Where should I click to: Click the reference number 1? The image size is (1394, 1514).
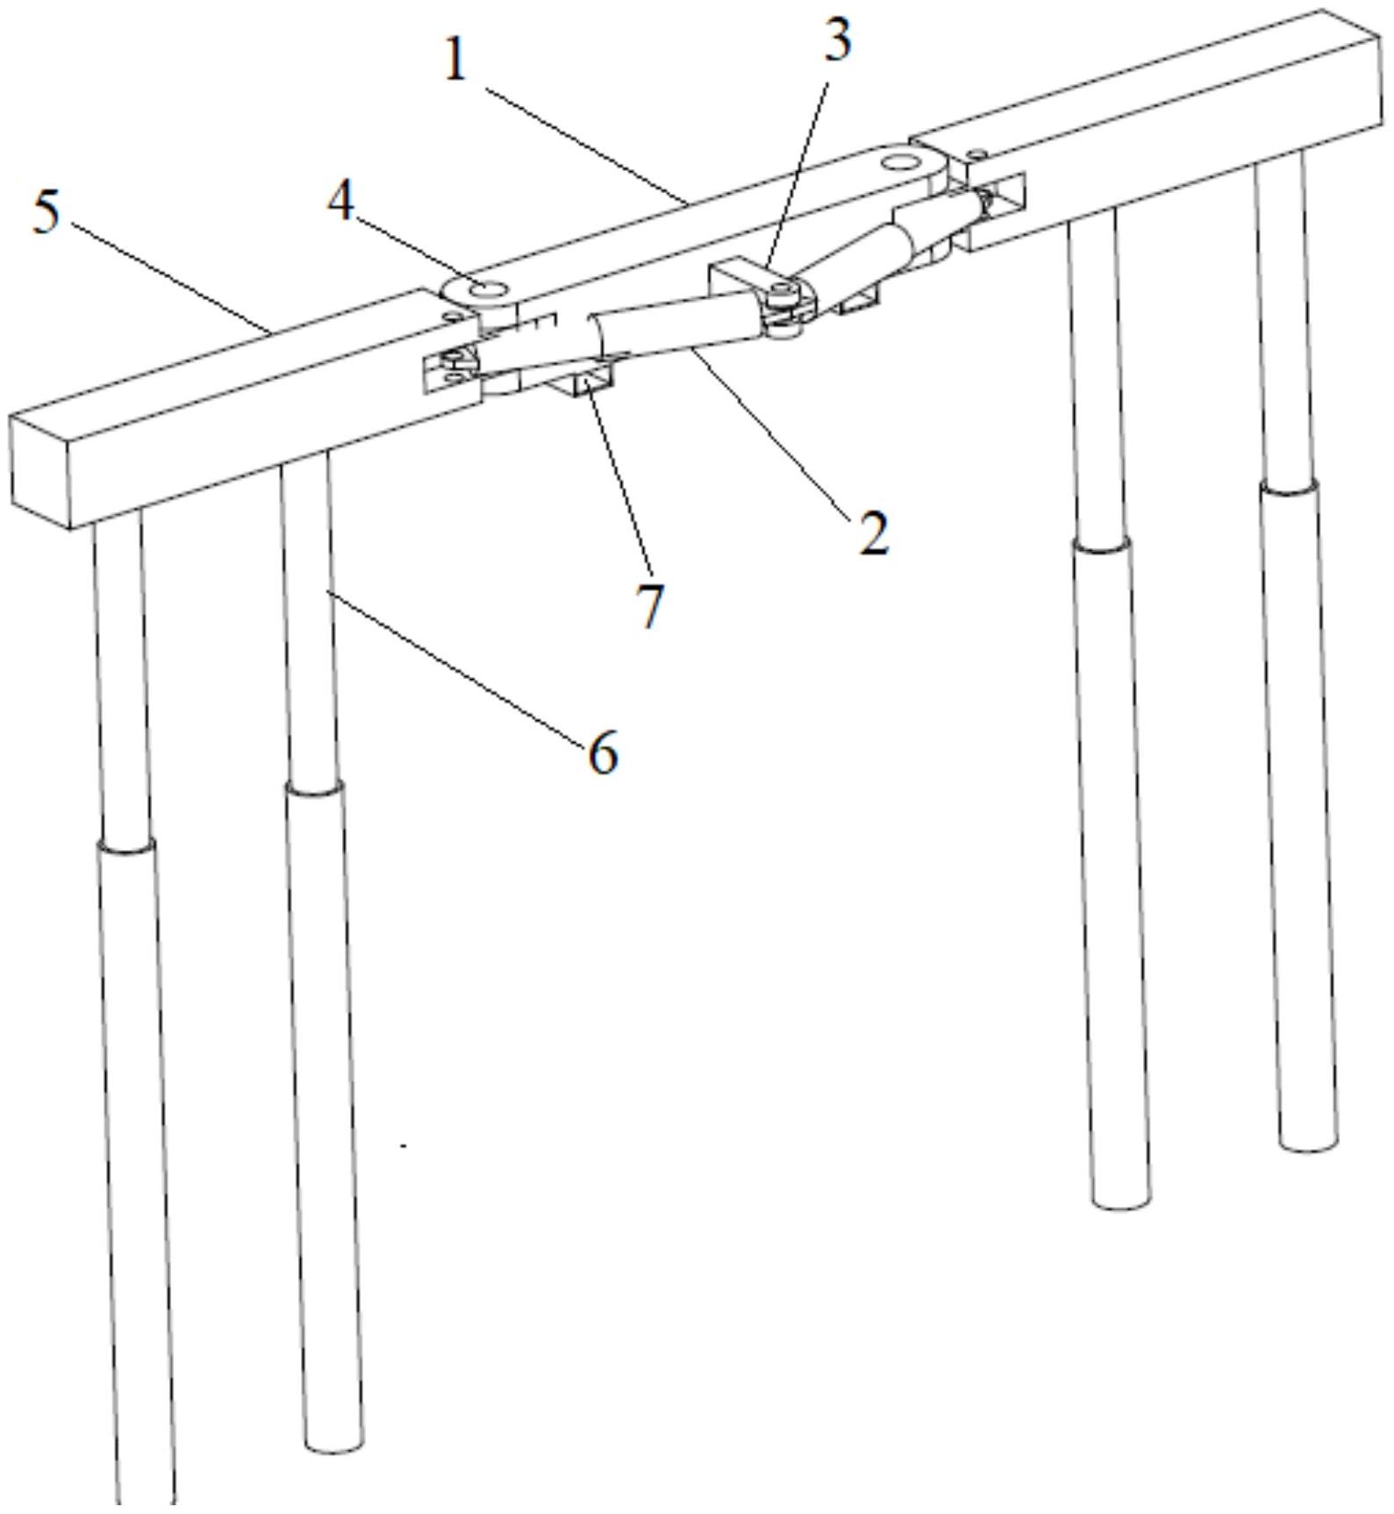tap(454, 61)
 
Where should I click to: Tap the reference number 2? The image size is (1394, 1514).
tap(873, 532)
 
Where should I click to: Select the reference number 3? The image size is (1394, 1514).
tap(838, 40)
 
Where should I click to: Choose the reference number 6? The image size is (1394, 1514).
tap(603, 752)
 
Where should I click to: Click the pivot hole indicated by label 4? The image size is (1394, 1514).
tap(486, 288)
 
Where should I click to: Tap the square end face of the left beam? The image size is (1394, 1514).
tap(40, 473)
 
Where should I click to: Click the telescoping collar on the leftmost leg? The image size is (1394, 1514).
tap(127, 846)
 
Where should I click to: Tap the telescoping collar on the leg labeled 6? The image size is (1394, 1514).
tap(314, 788)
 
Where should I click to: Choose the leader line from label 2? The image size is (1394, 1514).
tap(770, 432)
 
